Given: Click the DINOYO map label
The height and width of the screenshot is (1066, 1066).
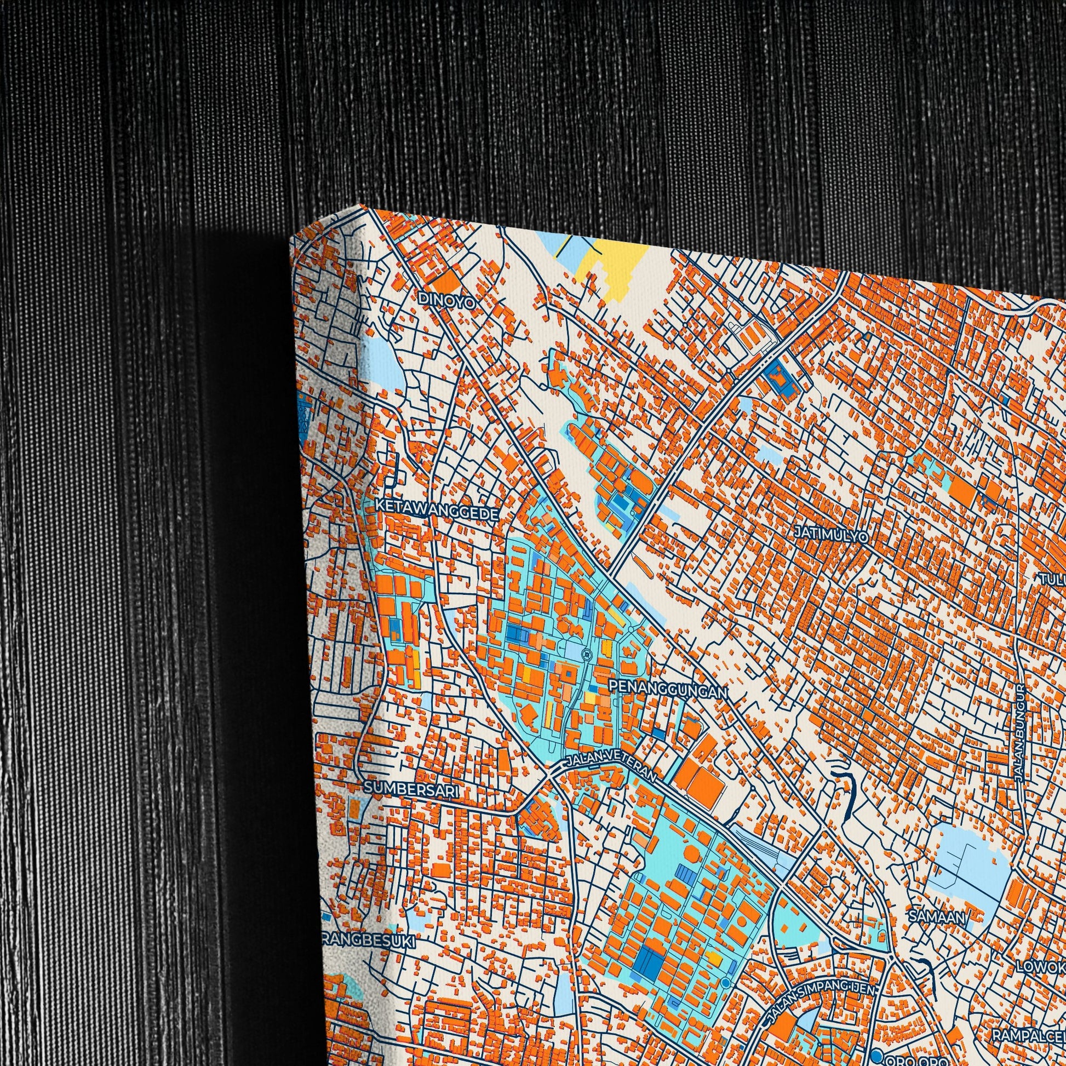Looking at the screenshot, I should [x=447, y=299].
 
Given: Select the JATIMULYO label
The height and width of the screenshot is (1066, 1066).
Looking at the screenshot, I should [x=831, y=534].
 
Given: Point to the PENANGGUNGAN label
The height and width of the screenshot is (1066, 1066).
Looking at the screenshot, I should [x=668, y=688].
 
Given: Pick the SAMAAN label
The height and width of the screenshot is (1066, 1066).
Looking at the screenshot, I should [x=937, y=917].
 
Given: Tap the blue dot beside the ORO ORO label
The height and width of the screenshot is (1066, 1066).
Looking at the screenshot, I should [x=875, y=1056].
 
